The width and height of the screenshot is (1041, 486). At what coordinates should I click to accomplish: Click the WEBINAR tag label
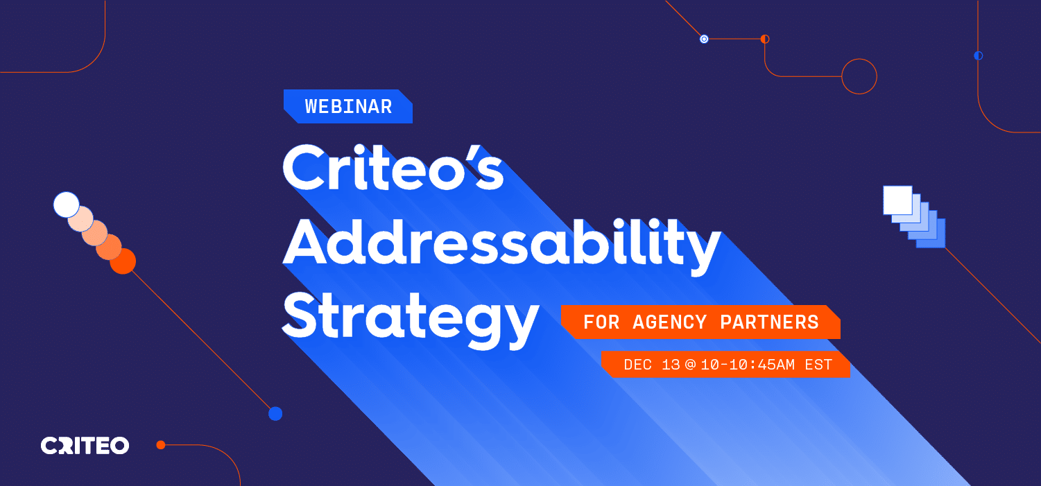coord(348,106)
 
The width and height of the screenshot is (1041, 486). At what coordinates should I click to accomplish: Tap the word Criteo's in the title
coord(393,168)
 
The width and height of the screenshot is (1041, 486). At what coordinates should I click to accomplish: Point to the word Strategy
coord(411,319)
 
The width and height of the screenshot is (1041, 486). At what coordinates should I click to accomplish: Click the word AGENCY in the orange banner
coord(670,322)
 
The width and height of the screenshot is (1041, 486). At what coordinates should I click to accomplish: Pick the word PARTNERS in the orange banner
coord(770,322)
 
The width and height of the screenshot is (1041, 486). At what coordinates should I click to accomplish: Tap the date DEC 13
coord(651,365)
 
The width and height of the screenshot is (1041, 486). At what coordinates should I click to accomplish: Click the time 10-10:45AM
coord(748,365)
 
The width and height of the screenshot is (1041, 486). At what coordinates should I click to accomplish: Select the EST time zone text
coord(818,365)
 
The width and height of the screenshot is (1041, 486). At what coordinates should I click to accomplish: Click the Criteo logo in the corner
coord(85,446)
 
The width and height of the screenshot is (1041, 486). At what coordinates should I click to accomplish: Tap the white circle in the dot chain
coord(67,205)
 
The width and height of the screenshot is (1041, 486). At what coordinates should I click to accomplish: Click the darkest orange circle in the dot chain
coord(123,261)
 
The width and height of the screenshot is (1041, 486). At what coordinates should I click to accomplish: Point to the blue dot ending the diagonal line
coord(275,413)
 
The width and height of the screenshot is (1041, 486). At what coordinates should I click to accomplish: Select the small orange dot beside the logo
coord(161,445)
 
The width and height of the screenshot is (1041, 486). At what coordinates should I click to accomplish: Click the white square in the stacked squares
coord(897,200)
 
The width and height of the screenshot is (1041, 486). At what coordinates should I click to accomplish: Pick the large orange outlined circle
coord(859,59)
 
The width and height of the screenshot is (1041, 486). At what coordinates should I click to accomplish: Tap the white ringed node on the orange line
coord(704,39)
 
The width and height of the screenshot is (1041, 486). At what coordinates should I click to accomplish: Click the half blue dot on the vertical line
coord(979,55)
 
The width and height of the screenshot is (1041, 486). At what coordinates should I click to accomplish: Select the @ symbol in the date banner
coord(690,365)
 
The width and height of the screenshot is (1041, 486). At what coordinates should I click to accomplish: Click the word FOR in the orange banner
coord(601,322)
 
